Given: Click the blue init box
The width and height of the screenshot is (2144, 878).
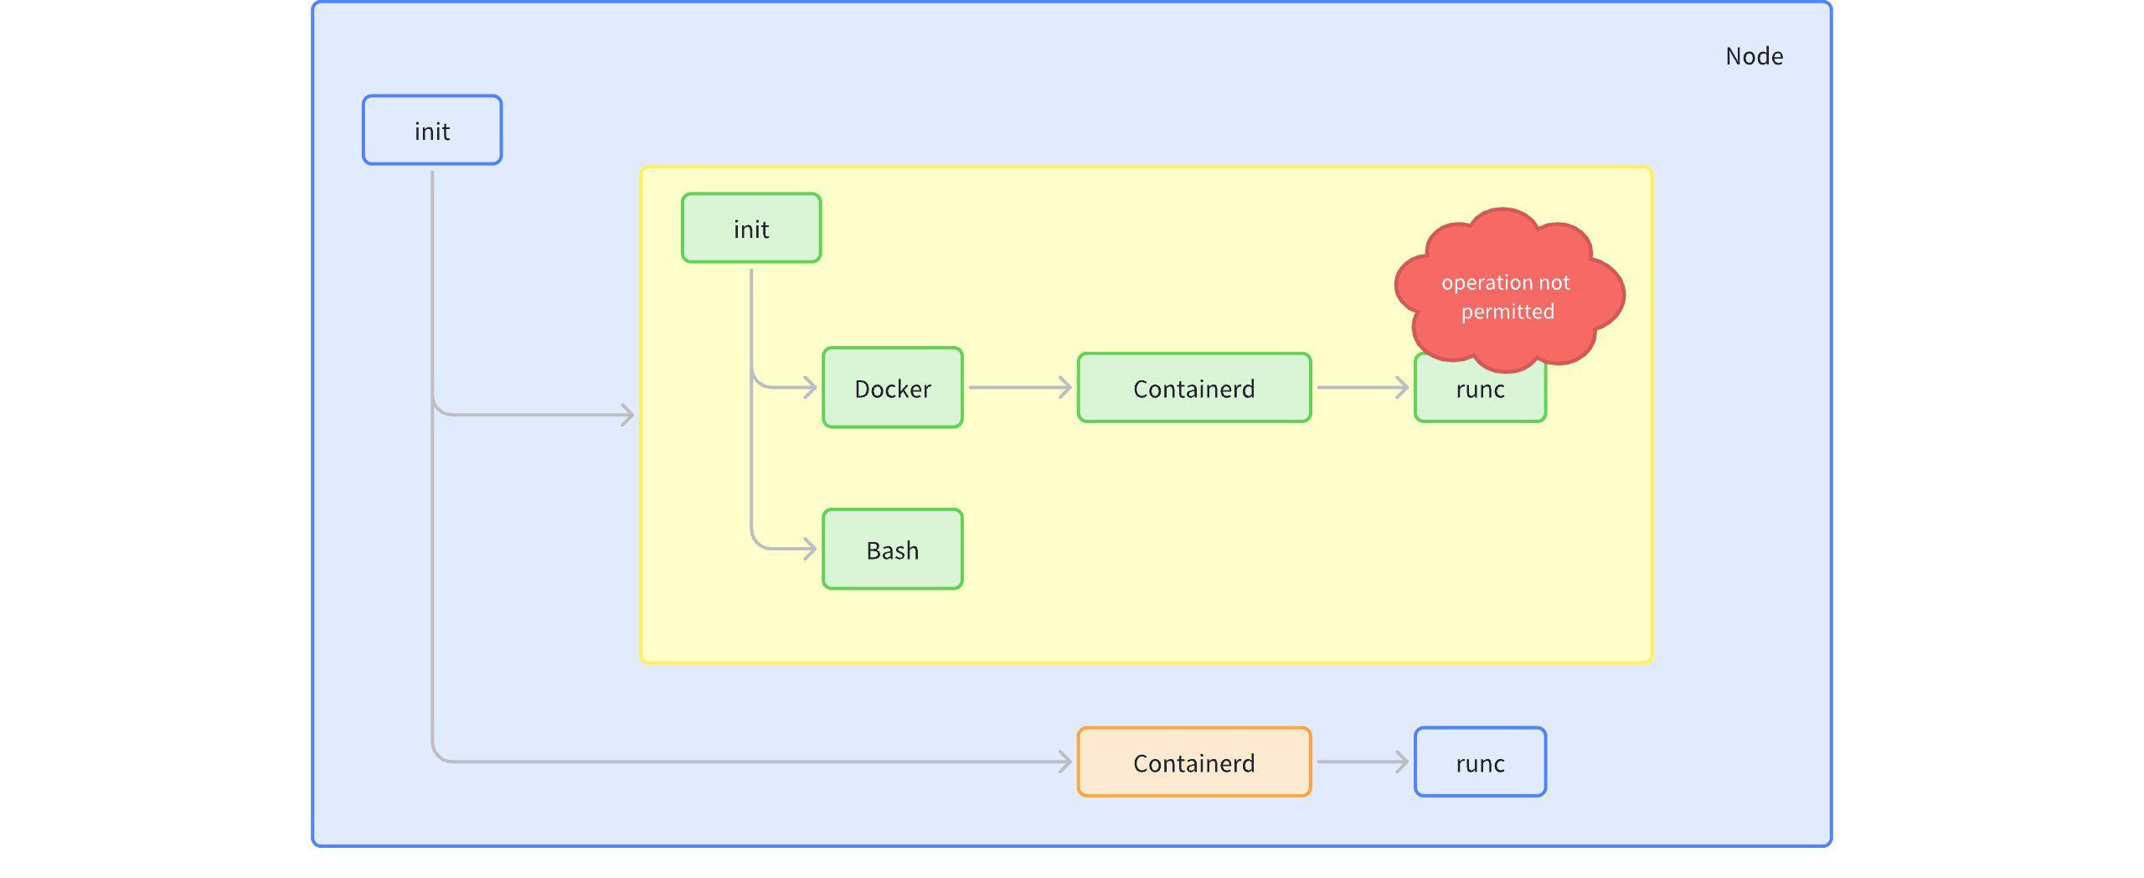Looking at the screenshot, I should pyautogui.click(x=432, y=130).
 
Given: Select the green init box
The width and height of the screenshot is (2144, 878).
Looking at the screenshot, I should pyautogui.click(x=750, y=228).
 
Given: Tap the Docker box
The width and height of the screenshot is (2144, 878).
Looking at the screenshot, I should pyautogui.click(x=892, y=387).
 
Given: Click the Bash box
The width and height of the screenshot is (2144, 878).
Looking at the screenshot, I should pyautogui.click(x=892, y=549).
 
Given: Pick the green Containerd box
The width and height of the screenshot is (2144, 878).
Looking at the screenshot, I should pyautogui.click(x=1193, y=387).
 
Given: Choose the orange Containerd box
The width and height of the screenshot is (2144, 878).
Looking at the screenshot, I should pyautogui.click(x=1193, y=762).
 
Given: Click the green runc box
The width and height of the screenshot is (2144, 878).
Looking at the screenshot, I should pyautogui.click(x=1480, y=397).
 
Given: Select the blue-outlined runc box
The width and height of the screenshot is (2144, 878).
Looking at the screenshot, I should pyautogui.click(x=1480, y=762).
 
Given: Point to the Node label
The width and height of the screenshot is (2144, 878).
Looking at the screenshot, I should pyautogui.click(x=1754, y=56).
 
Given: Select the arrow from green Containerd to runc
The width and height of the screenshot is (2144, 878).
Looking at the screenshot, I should pyautogui.click(x=1362, y=387).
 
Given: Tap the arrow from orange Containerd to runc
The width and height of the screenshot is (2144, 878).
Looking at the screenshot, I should pyautogui.click(x=1362, y=762).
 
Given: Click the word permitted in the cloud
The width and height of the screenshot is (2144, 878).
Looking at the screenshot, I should pyautogui.click(x=1507, y=312).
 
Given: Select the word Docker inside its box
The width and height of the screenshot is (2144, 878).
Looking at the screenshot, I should pyautogui.click(x=892, y=389).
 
